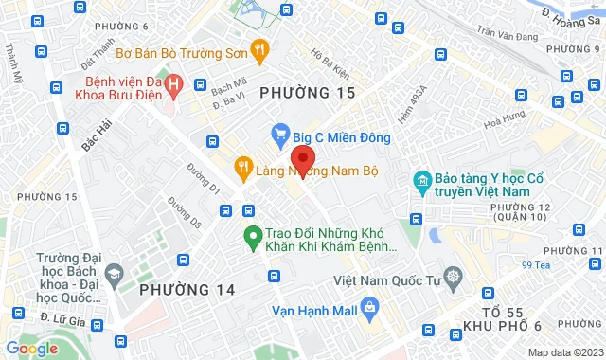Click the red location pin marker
(x=302, y=158)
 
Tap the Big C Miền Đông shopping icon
(x=280, y=134)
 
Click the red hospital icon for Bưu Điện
(x=174, y=84)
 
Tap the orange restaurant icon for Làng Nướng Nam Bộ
(x=242, y=168)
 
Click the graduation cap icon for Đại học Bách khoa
(x=115, y=275)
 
